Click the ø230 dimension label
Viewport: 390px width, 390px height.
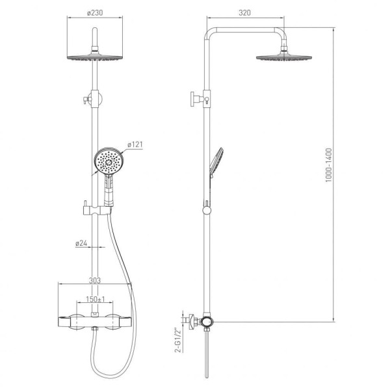click(x=95, y=13)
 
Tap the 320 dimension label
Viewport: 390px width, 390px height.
click(x=245, y=13)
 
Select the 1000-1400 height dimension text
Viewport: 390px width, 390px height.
click(x=329, y=165)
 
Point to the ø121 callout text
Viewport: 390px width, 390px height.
click(x=135, y=144)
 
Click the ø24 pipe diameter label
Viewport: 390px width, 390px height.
click(x=81, y=243)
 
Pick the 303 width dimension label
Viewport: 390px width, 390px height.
click(x=95, y=280)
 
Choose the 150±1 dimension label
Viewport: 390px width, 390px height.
click(x=96, y=299)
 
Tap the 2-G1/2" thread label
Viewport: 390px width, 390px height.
click(x=177, y=341)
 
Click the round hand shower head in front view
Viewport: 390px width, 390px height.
click(x=109, y=161)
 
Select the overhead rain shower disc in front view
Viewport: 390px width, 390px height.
click(x=95, y=57)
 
